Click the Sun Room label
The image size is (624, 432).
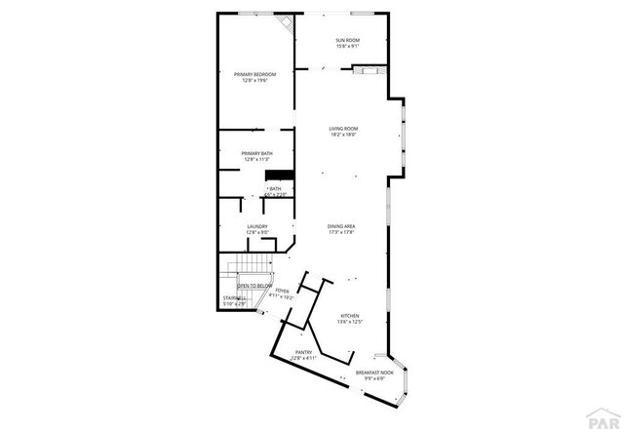pos(334,40)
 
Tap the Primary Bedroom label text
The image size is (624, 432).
pos(255,74)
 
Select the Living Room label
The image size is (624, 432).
pos(343,128)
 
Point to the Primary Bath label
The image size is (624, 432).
pos(257,153)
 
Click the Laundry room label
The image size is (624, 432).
pos(257,226)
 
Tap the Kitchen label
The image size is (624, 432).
pos(350,316)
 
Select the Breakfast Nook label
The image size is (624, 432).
pos(373,373)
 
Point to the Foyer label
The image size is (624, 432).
pos(282,291)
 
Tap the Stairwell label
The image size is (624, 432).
pos(235,299)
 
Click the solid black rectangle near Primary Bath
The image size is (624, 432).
pos(280,175)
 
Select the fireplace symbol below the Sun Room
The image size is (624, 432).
pos(365,69)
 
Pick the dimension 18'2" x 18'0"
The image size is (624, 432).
pos(343,135)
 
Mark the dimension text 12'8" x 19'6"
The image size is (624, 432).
pos(255,80)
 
